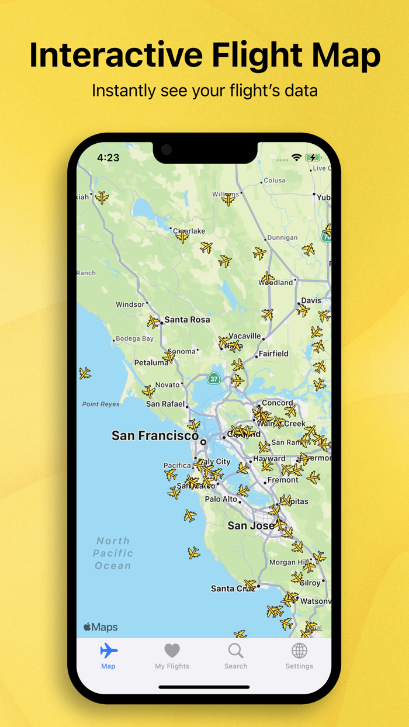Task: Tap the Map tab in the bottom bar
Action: (108, 656)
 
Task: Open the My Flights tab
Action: (172, 656)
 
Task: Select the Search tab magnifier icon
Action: (235, 650)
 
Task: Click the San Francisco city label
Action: (155, 436)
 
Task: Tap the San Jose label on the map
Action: (251, 525)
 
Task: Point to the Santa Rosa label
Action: (187, 320)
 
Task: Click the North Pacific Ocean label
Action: (113, 553)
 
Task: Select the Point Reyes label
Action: (100, 404)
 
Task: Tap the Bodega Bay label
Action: (134, 338)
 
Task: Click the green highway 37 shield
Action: (214, 378)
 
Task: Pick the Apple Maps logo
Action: (100, 627)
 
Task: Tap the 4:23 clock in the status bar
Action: (108, 158)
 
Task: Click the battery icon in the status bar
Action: (313, 158)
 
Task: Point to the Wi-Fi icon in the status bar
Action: (297, 158)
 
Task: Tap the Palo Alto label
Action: (221, 499)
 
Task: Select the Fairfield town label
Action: (273, 354)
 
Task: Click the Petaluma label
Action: (151, 363)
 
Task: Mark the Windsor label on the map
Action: (130, 304)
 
